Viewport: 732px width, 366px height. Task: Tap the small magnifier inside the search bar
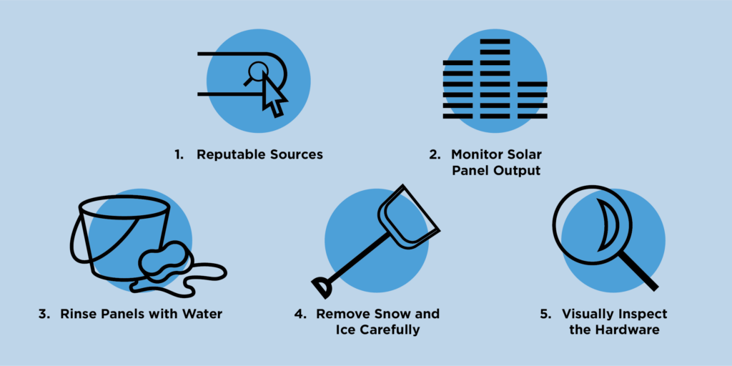coord(256,72)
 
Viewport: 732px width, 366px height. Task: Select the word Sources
coord(295,154)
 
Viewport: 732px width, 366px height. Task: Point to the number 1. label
coord(179,154)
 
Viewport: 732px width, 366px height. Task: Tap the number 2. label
coord(434,154)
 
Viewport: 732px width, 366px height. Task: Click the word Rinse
coord(79,314)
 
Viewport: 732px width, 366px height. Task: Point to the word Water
coord(202,314)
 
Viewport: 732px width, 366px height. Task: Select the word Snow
coord(389,314)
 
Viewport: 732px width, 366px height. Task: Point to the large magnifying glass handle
coord(640,272)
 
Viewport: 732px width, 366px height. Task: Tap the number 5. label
coord(545,314)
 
